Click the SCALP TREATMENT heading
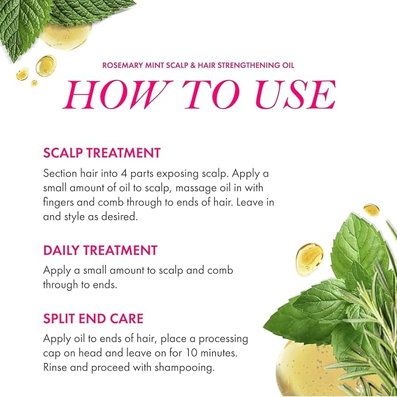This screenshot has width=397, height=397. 102,153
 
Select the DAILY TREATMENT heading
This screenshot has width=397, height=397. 100,250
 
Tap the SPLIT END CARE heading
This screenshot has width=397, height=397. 93,319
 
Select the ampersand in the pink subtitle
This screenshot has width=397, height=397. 193,65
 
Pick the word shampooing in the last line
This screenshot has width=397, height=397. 184,368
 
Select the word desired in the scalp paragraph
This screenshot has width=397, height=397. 119,217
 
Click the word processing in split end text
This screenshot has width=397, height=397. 223,339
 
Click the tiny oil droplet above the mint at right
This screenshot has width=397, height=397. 371,210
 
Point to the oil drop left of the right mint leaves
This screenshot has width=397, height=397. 309,259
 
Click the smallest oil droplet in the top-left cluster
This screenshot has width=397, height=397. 34,83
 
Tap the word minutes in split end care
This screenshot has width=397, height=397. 219,353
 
